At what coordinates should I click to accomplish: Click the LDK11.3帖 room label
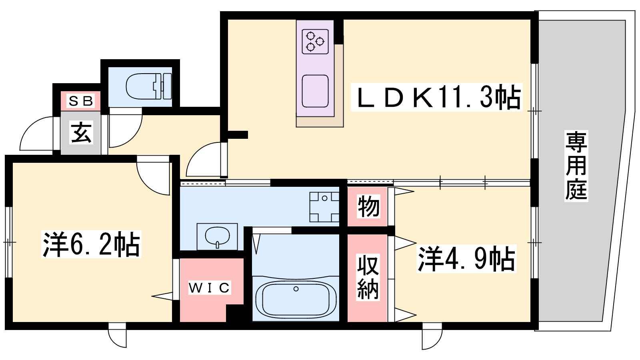tap(436, 97)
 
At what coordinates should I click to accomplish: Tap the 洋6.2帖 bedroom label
tap(91, 244)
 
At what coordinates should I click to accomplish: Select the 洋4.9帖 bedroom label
tap(466, 258)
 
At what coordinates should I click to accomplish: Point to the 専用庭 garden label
tap(576, 166)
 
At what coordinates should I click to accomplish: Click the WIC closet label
tap(210, 288)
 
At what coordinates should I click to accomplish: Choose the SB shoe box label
tap(80, 101)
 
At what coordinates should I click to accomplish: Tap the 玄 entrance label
tap(82, 132)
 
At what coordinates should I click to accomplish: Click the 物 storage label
tap(368, 206)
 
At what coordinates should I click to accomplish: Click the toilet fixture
tap(148, 86)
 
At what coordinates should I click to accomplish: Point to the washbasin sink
tap(217, 236)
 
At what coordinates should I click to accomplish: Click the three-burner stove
tap(315, 42)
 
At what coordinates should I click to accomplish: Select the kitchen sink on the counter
tap(315, 91)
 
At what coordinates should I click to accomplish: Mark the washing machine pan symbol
tap(324, 207)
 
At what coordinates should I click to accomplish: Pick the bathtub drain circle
tap(296, 289)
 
